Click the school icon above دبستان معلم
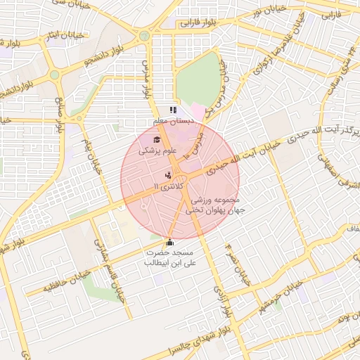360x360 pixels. (173, 110)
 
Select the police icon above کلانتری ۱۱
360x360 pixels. (168, 175)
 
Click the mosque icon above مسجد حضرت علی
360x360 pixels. (169, 243)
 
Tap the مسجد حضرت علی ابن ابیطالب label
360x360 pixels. (172, 257)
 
